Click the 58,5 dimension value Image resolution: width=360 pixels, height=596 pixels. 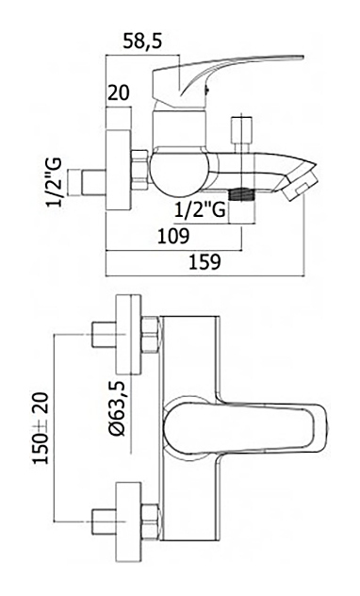[x=142, y=41]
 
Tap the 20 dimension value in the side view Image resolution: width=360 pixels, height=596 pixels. [x=119, y=92]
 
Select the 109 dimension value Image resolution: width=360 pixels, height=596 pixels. [x=173, y=237]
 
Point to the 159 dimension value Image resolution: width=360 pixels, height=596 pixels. [x=205, y=262]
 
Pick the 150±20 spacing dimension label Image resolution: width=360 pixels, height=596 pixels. [x=41, y=428]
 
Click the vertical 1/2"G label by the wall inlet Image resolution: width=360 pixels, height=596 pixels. [x=54, y=181]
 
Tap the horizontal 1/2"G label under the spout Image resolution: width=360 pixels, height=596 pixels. [x=200, y=209]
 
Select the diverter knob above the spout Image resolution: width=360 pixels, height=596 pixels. [x=242, y=130]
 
